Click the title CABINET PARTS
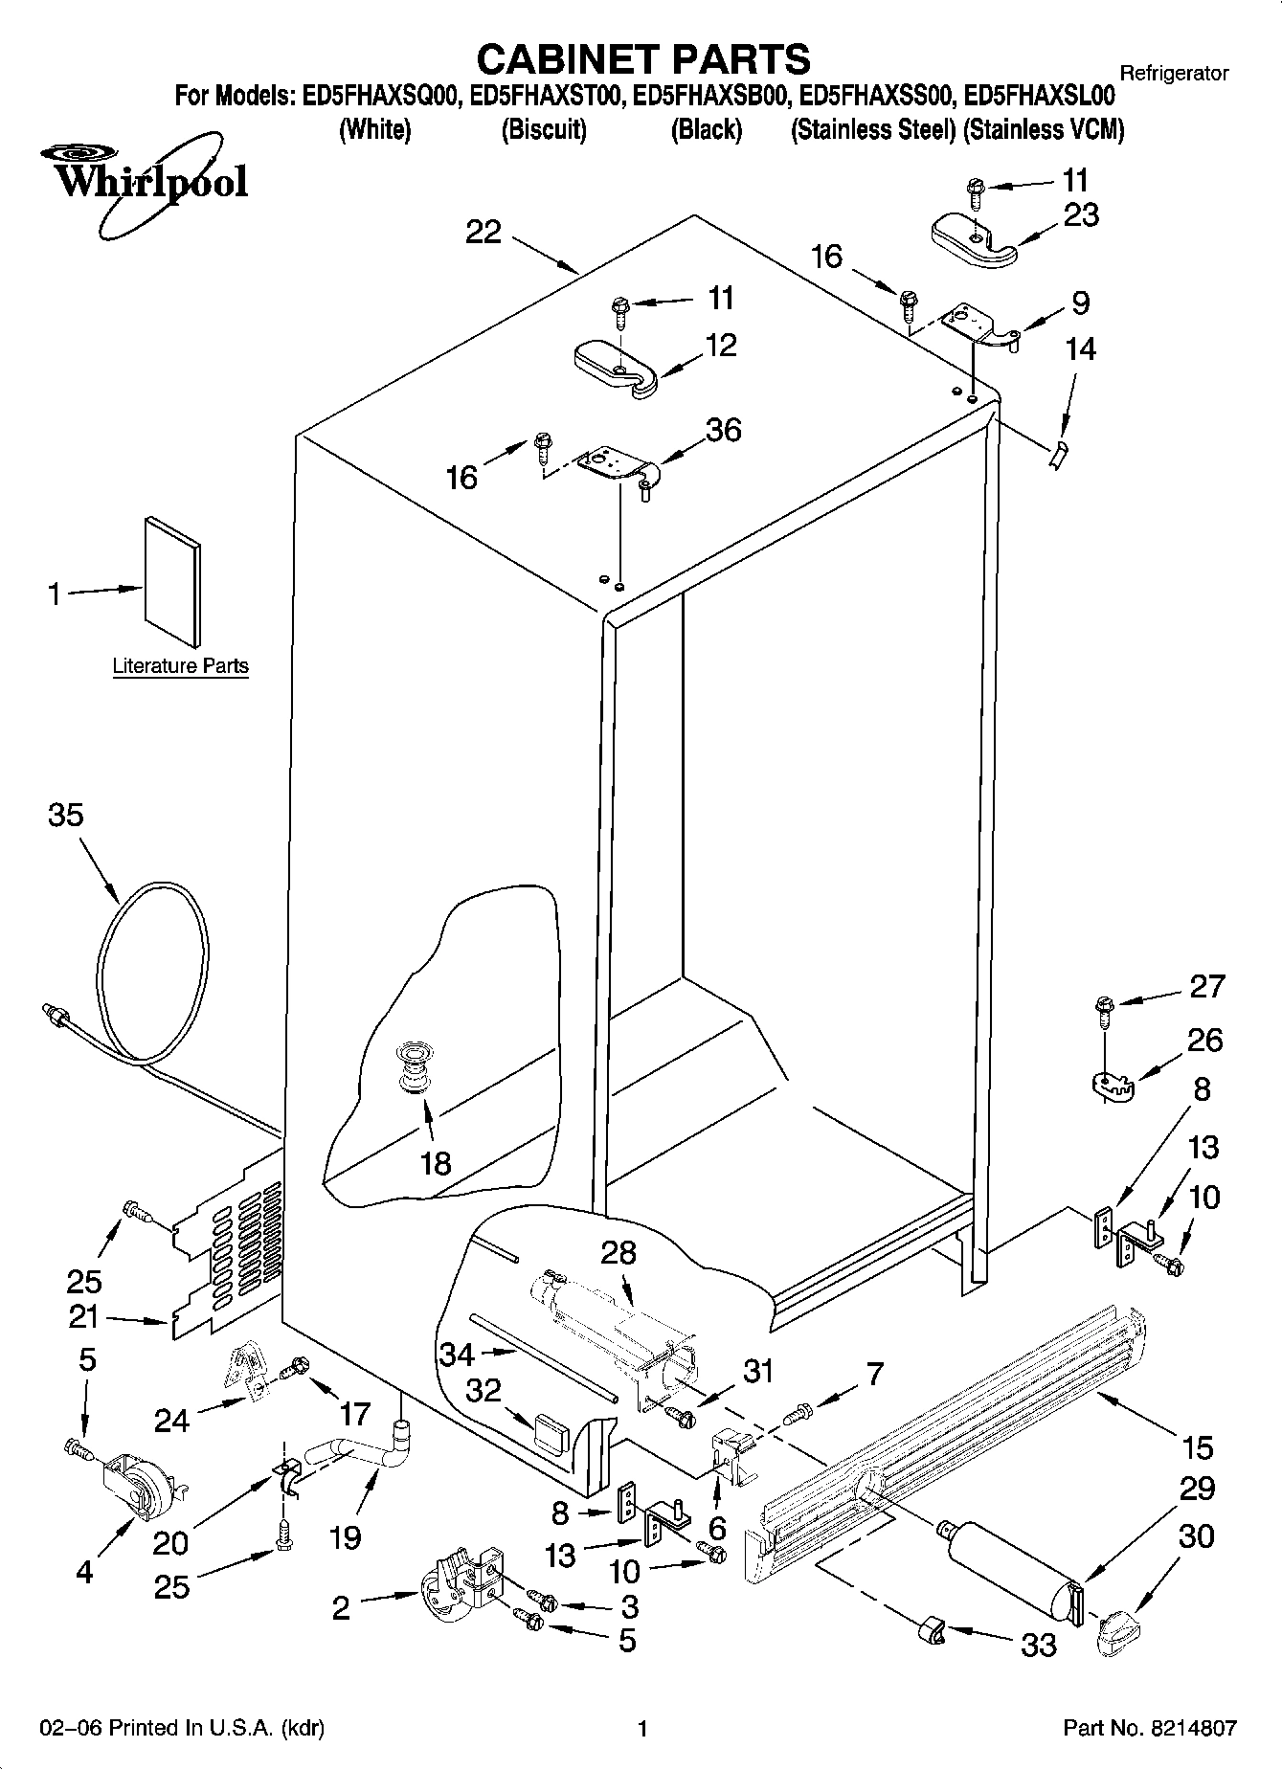click(642, 59)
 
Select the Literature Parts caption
click(180, 666)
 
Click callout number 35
click(66, 816)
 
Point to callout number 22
click(484, 232)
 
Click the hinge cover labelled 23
click(974, 239)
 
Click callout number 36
click(723, 430)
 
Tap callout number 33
click(1039, 1645)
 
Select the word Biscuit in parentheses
click(544, 129)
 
